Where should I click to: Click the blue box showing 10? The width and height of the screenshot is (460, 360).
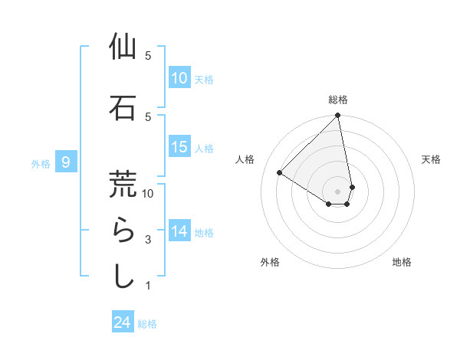point(179,77)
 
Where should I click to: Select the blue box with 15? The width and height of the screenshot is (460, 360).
point(179,147)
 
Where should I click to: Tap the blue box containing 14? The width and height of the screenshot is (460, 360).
point(179,231)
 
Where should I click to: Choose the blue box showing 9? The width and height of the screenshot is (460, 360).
point(67,162)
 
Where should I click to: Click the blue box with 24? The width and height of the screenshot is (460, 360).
point(123,322)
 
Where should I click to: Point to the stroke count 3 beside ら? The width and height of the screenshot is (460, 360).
point(148,240)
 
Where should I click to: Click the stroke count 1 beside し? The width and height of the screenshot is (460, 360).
point(148,286)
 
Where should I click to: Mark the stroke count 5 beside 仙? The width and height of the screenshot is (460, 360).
point(148,56)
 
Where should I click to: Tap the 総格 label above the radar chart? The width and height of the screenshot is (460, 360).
point(338,100)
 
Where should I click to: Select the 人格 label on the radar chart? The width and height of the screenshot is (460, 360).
point(245,159)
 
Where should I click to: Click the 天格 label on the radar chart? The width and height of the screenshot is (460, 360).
point(431,159)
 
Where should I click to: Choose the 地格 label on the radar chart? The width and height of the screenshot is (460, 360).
point(402,262)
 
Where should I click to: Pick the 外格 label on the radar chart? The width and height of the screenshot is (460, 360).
point(270,262)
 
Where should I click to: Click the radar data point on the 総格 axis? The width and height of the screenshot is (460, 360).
point(338,116)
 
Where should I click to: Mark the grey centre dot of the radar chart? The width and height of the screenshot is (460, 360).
point(338,191)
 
